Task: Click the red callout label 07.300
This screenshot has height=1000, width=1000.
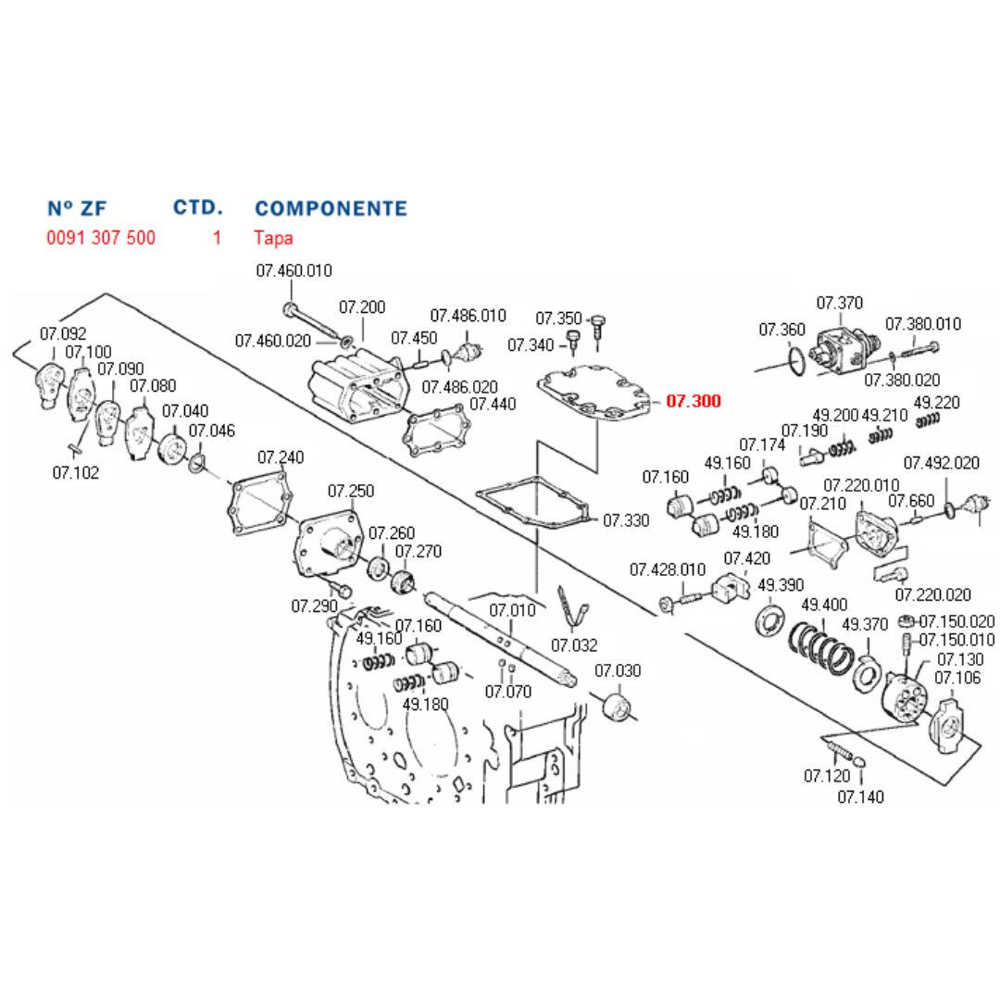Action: pos(693,402)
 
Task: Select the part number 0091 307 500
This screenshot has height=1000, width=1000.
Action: pos(101,238)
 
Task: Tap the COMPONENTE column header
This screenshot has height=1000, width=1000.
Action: pos(331,208)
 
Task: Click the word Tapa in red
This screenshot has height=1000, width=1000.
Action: pos(273,238)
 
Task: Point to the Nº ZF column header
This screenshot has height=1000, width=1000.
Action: pos(77,208)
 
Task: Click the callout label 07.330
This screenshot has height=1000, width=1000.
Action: pos(626,520)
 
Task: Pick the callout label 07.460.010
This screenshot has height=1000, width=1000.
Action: pos(294,271)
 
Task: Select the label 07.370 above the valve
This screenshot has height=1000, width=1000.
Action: pos(839,303)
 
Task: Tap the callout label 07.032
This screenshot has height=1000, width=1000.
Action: pos(574,645)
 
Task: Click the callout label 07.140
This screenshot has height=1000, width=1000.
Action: pos(860,796)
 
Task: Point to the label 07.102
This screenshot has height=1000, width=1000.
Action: pos(75,473)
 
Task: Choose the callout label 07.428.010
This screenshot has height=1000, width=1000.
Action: pos(668,569)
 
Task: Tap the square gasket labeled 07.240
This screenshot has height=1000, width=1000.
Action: pos(258,506)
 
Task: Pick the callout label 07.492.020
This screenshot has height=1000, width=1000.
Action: pos(941,463)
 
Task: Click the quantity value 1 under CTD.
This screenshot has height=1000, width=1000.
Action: pos(217,238)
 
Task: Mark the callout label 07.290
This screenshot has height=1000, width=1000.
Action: pos(315,606)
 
